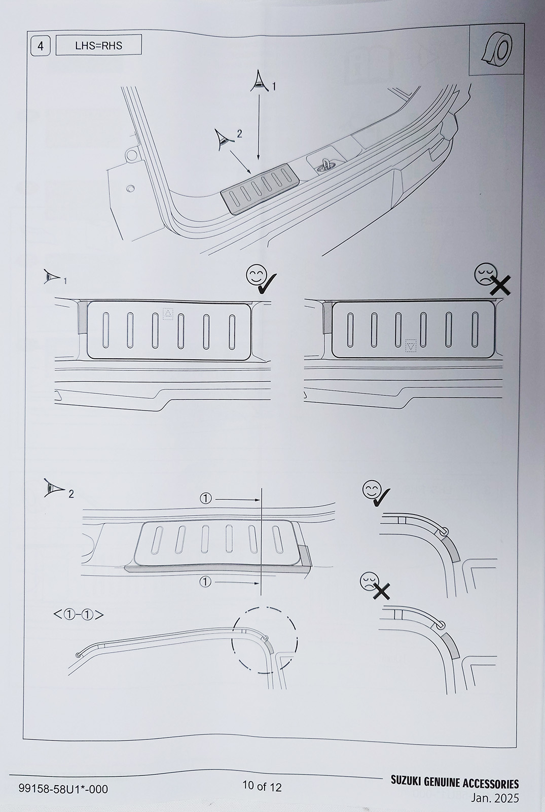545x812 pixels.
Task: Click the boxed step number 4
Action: click(40, 46)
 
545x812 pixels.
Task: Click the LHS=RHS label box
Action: click(98, 45)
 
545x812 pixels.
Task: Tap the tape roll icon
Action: click(496, 50)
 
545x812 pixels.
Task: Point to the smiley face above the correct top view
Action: click(256, 275)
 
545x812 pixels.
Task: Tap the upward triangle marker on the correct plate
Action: click(168, 314)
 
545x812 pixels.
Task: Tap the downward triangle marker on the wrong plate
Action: click(411, 346)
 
